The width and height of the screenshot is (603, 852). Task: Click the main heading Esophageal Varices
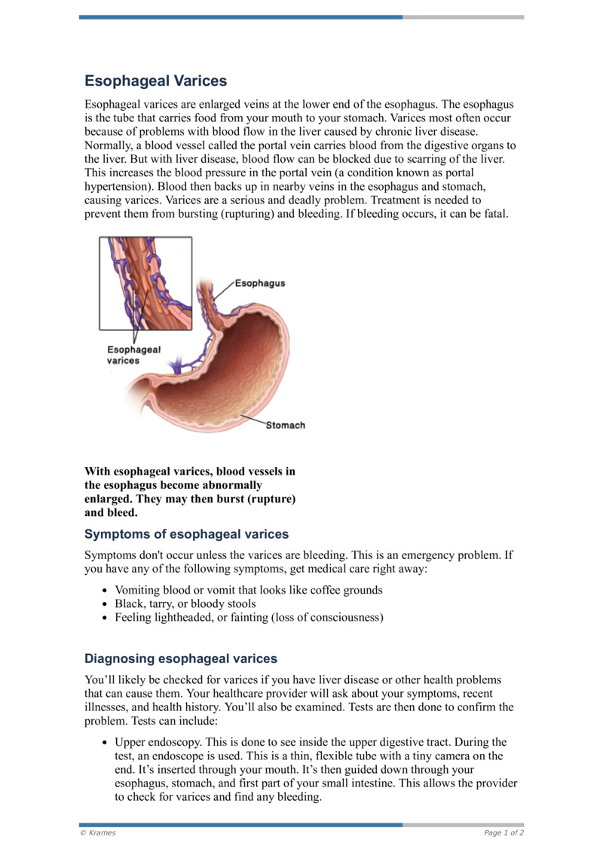click(x=155, y=81)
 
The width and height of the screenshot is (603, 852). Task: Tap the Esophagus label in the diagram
click(x=259, y=283)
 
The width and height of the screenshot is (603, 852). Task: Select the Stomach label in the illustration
click(x=285, y=426)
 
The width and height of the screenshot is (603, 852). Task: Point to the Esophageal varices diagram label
click(x=133, y=355)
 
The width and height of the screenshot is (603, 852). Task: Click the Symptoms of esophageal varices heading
click(x=186, y=534)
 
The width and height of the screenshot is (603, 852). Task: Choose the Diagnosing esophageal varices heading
click(x=180, y=658)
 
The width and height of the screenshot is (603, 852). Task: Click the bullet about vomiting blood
click(x=248, y=590)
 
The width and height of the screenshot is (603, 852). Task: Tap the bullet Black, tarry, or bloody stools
click(x=185, y=604)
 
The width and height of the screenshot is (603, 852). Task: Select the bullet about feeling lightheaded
click(x=249, y=618)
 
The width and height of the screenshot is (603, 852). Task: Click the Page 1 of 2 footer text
click(x=504, y=832)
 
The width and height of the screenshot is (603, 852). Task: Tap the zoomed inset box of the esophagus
click(x=145, y=283)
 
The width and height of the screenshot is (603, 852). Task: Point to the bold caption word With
click(x=99, y=472)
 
